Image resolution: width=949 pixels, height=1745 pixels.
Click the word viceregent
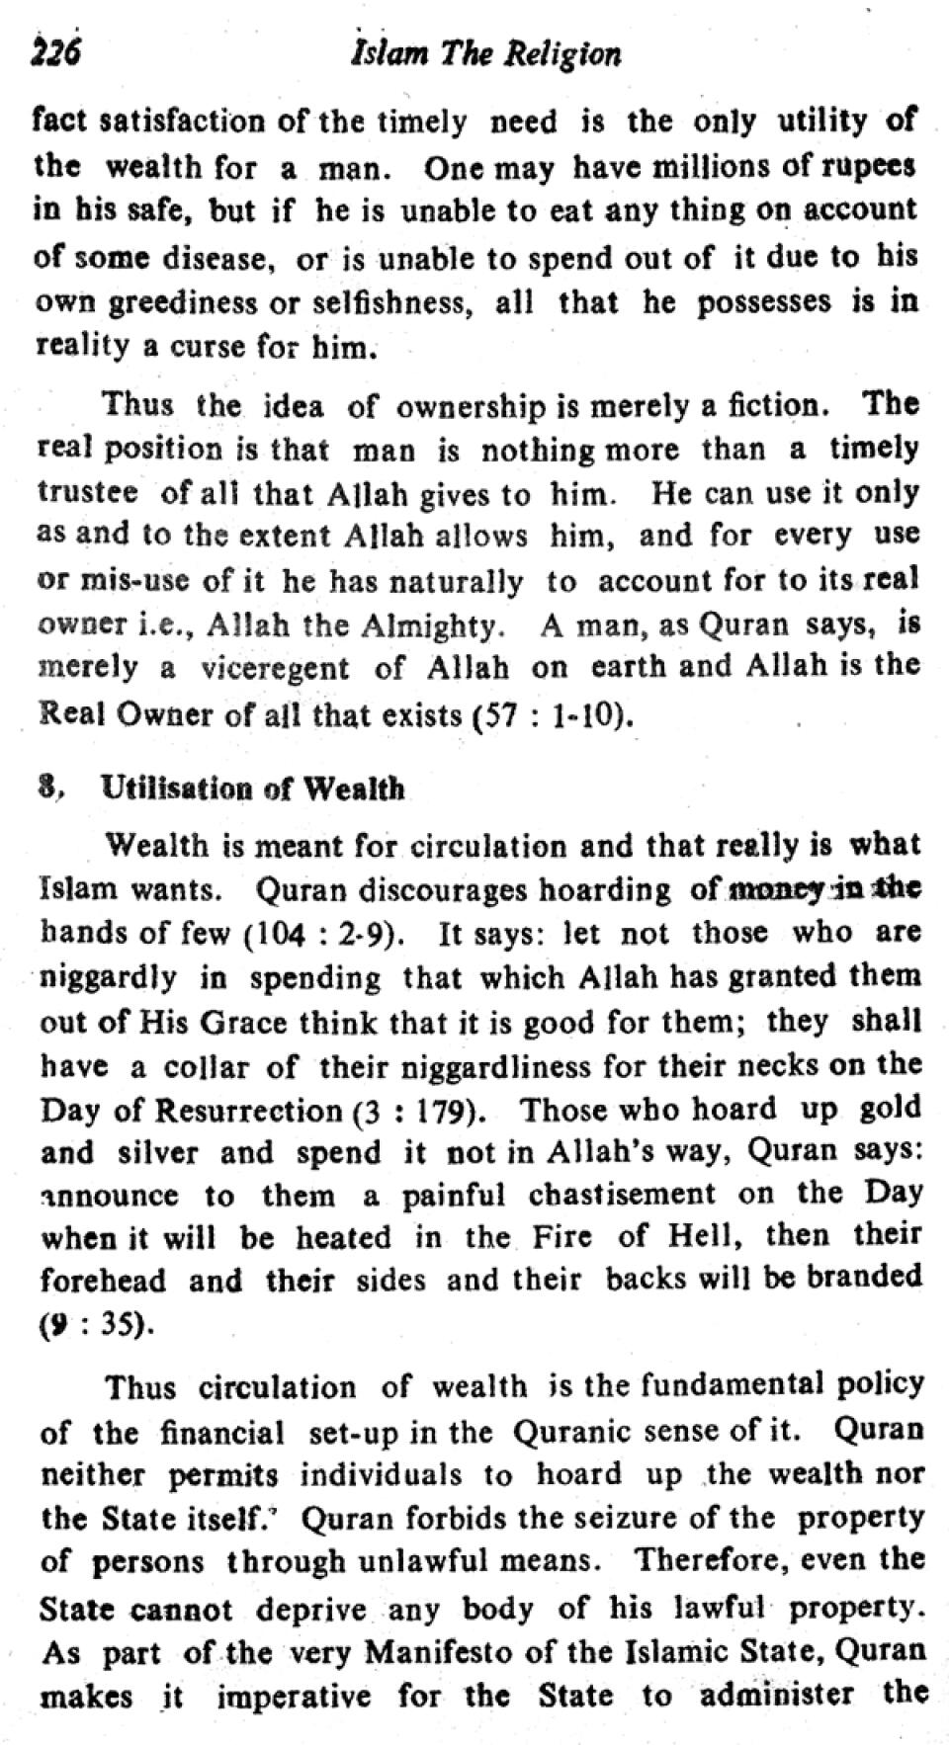click(x=275, y=669)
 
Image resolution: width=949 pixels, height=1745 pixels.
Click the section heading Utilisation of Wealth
click(x=253, y=789)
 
